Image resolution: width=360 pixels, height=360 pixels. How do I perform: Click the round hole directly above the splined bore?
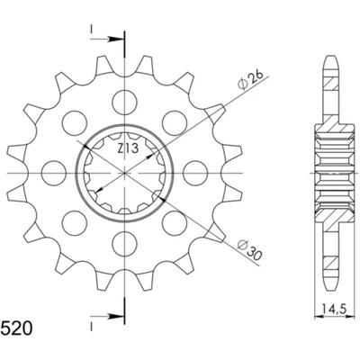[x=121, y=98]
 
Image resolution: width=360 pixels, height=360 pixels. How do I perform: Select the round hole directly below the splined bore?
[x=121, y=243]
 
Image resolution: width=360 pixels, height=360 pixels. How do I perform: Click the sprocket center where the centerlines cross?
[x=121, y=171]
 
